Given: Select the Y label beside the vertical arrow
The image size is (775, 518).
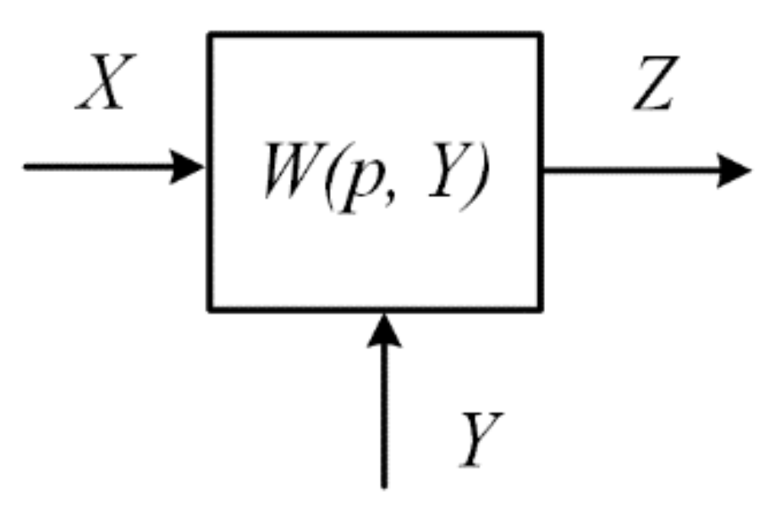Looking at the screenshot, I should pyautogui.click(x=483, y=439).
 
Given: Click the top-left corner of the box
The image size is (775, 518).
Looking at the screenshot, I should pyautogui.click(x=211, y=35).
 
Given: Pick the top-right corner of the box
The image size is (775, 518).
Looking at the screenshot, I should pyautogui.click(x=541, y=35).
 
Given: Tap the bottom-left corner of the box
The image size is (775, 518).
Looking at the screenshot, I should pyautogui.click(x=211, y=309).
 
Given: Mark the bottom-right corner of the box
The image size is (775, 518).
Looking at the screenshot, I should pyautogui.click(x=541, y=309).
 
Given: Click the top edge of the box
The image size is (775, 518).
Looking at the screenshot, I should pyautogui.click(x=376, y=35).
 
